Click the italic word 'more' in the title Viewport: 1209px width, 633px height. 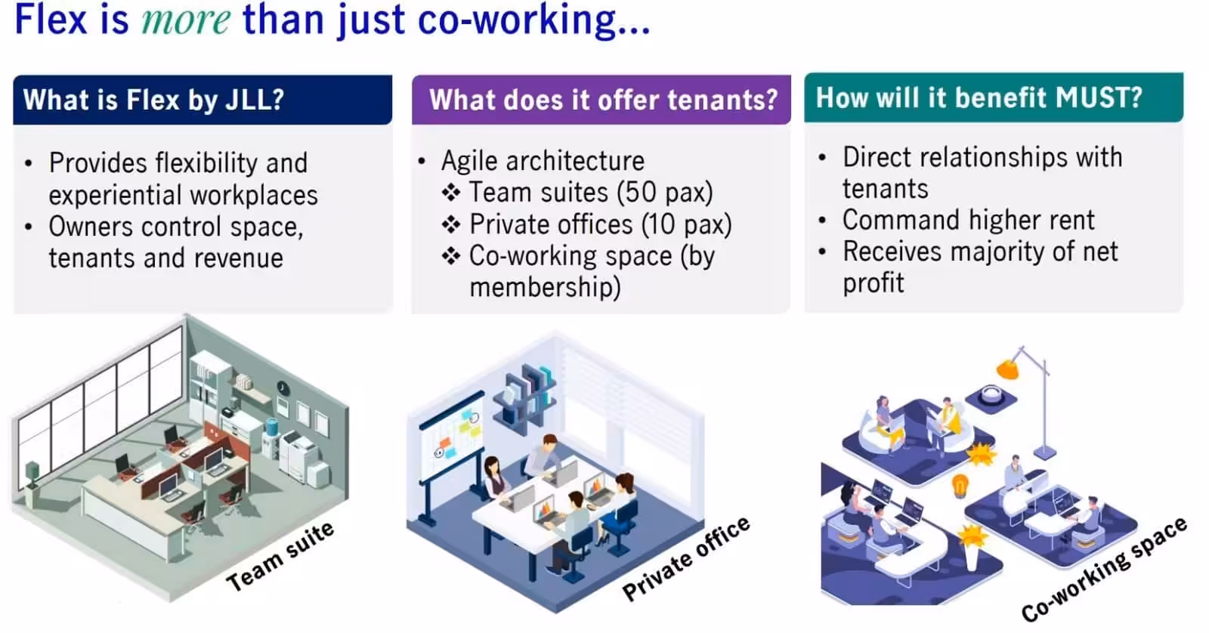(x=186, y=20)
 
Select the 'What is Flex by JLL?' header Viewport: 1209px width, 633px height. (x=154, y=100)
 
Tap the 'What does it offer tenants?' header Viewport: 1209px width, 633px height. (x=603, y=100)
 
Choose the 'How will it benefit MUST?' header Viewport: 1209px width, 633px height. (x=979, y=97)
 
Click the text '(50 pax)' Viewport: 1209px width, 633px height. (x=665, y=193)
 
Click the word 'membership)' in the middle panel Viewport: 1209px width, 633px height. (x=545, y=287)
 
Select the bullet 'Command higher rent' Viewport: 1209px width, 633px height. (x=968, y=220)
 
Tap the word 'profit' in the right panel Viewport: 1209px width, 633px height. (x=874, y=283)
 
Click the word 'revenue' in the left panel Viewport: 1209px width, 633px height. (x=239, y=258)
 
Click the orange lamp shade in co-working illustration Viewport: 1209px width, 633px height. (x=1007, y=369)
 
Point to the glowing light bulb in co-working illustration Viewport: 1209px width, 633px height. (x=960, y=484)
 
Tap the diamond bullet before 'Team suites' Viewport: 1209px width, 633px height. (x=451, y=193)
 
